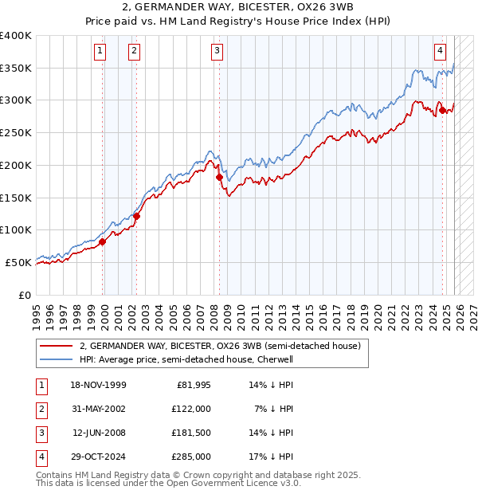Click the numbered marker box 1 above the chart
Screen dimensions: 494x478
(x=100, y=52)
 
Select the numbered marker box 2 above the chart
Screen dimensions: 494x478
(x=133, y=52)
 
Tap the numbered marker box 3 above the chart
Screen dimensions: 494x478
(x=217, y=52)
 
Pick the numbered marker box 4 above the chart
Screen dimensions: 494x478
(x=440, y=52)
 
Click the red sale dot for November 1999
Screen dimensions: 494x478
(x=103, y=241)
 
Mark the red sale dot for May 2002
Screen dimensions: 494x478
(x=136, y=216)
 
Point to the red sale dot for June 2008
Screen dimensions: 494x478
(x=220, y=177)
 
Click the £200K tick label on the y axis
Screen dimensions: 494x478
(x=16, y=165)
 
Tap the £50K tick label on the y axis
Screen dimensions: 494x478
(x=18, y=262)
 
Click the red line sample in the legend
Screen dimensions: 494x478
(x=56, y=347)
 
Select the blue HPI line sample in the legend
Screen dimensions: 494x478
(x=56, y=359)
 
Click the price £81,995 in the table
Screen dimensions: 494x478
(x=194, y=385)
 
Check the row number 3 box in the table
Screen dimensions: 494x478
(x=40, y=433)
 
